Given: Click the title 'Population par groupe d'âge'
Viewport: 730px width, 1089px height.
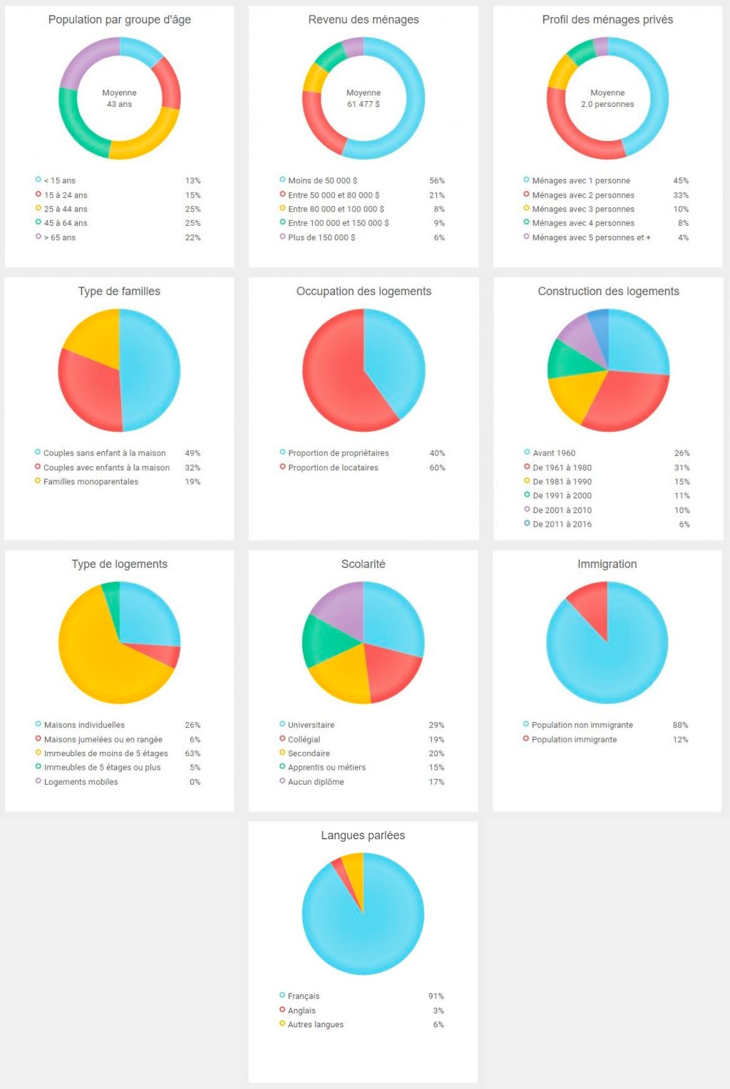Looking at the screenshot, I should click(119, 20).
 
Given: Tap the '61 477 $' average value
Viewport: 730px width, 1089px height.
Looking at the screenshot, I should click(363, 104).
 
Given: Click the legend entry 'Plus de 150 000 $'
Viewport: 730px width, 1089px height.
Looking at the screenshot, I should click(321, 237).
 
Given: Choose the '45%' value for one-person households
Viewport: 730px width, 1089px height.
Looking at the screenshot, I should click(680, 180).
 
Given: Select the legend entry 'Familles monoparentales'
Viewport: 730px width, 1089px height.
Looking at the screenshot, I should click(91, 482).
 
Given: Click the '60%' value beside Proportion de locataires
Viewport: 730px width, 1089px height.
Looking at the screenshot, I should click(436, 468).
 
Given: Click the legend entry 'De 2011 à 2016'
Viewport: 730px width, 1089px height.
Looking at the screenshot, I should click(562, 524).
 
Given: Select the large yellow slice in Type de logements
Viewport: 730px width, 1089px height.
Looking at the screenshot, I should click(100, 656).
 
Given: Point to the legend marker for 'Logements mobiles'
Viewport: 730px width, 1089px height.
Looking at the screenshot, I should click(38, 781).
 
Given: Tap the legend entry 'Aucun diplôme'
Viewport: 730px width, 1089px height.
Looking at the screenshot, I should click(315, 782).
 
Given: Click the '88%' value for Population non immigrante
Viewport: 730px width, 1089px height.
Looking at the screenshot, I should click(679, 725).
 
